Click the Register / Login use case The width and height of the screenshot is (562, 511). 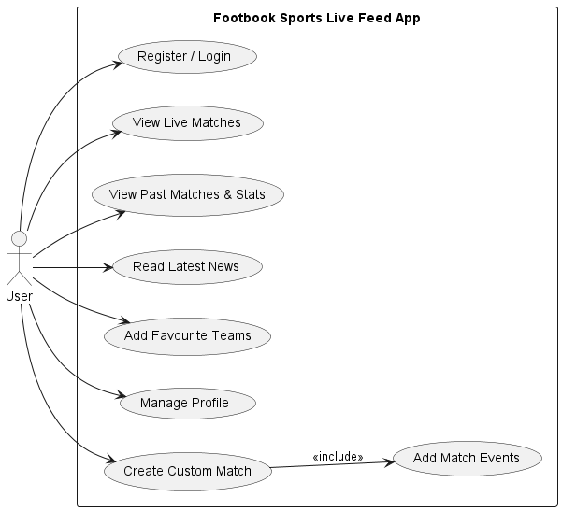pos(183,57)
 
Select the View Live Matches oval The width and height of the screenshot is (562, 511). pos(187,123)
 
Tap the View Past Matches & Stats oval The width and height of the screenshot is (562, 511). pos(187,195)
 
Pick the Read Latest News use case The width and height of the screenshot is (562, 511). pos(186,267)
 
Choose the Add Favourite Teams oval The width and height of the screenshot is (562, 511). pos(187,335)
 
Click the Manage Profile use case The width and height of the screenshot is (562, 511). pos(184,404)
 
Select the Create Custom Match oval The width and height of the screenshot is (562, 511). pos(187,471)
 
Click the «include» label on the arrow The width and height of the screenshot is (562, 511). pos(338,457)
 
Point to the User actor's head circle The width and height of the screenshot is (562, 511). pos(19,236)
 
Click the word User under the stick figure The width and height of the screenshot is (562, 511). pos(19,296)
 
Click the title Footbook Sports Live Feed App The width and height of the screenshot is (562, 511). pos(318,18)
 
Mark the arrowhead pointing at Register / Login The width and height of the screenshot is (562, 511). pos(120,63)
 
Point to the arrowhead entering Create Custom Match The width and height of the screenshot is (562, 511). pos(108,462)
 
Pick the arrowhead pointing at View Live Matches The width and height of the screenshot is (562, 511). pos(117,132)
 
